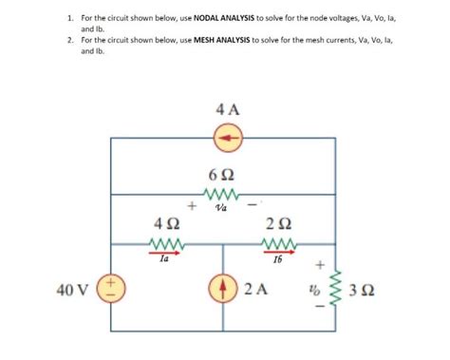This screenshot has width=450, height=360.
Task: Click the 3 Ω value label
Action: [364, 289]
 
